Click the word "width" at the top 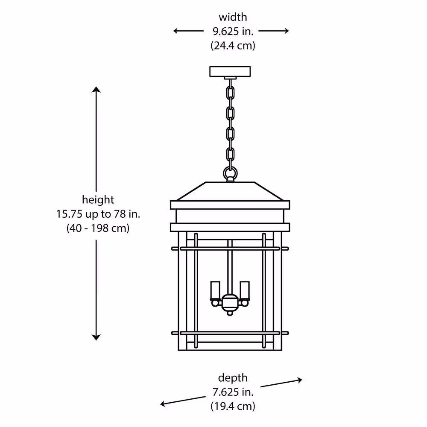click(233, 17)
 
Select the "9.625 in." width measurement click(233, 31)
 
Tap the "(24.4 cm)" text click(233, 46)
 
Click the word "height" click(98, 200)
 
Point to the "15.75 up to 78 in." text click(98, 214)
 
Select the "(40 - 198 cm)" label click(98, 228)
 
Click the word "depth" click(233, 378)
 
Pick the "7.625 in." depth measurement click(233, 392)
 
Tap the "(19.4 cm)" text click(233, 407)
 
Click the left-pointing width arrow click(188, 31)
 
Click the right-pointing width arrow click(274, 31)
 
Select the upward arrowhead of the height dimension click(96, 90)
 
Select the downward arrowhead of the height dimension click(96, 337)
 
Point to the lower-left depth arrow click(183, 401)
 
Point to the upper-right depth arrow click(281, 383)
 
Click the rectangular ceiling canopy click(230, 71)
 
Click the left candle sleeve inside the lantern click(215, 290)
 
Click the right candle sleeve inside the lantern click(245, 290)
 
